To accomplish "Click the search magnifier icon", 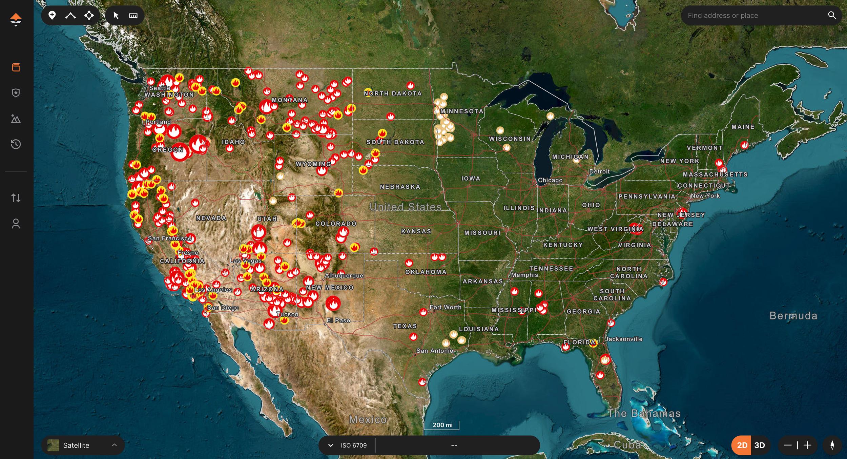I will pyautogui.click(x=832, y=15).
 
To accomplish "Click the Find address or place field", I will pyautogui.click(x=752, y=16).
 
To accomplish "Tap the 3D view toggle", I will pyautogui.click(x=760, y=445).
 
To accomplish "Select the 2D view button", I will pyautogui.click(x=742, y=445).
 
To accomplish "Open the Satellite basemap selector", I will pyautogui.click(x=83, y=445).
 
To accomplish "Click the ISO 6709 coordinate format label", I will pyautogui.click(x=353, y=445).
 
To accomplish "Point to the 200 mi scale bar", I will pyautogui.click(x=442, y=425).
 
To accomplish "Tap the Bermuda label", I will pyautogui.click(x=793, y=316).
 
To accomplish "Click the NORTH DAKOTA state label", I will pyautogui.click(x=393, y=93).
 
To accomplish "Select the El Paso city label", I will pyautogui.click(x=338, y=320).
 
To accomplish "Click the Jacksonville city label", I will pyautogui.click(x=624, y=339).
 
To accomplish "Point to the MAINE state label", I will pyautogui.click(x=743, y=127).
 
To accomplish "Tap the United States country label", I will pyautogui.click(x=405, y=207).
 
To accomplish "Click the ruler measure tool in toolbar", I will pyautogui.click(x=133, y=16).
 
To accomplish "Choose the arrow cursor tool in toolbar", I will pyautogui.click(x=116, y=16).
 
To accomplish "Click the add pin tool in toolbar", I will pyautogui.click(x=52, y=15).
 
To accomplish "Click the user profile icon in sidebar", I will pyautogui.click(x=16, y=224).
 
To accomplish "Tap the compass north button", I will pyautogui.click(x=832, y=445).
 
